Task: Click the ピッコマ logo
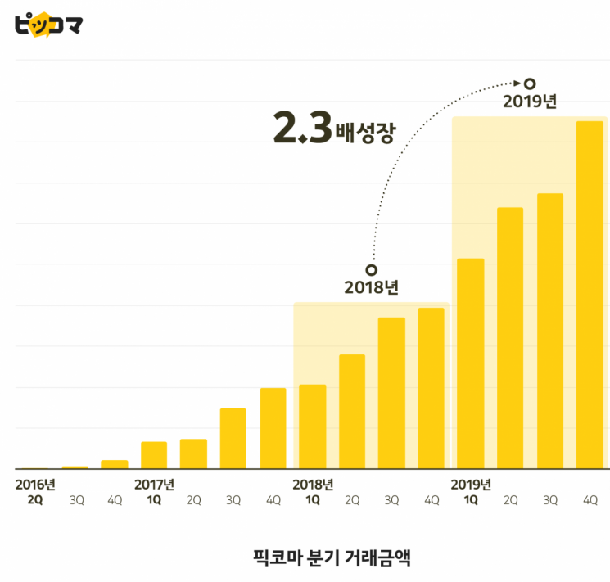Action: [48, 24]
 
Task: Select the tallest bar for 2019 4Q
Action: [590, 295]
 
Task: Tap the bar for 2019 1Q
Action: [471, 363]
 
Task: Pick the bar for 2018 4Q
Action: [431, 388]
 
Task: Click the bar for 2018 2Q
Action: [352, 411]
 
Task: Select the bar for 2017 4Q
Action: [273, 428]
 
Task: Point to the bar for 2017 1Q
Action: [154, 455]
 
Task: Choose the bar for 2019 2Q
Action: [510, 338]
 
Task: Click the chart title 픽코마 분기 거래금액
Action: [332, 558]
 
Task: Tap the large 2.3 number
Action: [302, 129]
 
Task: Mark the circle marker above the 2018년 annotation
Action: [371, 269]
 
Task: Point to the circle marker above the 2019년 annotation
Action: [530, 83]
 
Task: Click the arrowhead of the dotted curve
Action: [517, 82]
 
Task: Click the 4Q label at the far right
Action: [590, 500]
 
